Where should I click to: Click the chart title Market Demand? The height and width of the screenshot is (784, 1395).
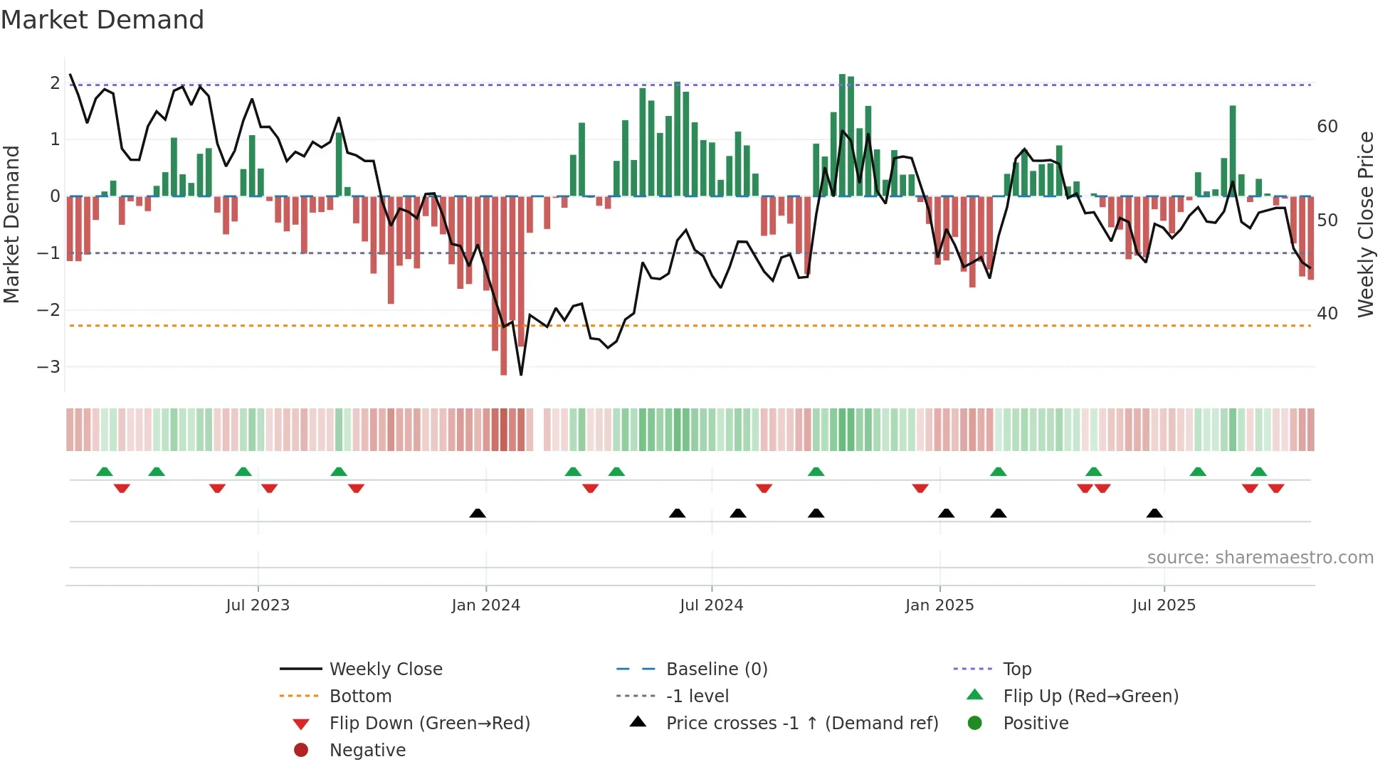[102, 20]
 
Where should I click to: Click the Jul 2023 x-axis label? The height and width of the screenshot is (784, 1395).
[258, 605]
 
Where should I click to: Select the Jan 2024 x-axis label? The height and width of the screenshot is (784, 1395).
[485, 605]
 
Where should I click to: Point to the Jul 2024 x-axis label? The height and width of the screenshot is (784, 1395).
[711, 605]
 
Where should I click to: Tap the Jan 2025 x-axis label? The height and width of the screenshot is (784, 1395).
[939, 605]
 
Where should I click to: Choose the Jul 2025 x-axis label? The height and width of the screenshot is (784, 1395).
[1164, 605]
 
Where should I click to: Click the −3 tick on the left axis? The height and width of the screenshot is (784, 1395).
[49, 367]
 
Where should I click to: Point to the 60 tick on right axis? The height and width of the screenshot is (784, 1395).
[1327, 127]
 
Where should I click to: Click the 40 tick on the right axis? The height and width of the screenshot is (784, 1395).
[1327, 314]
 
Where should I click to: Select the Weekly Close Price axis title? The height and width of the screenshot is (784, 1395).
[1366, 224]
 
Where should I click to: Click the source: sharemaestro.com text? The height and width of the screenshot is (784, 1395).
[1260, 558]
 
